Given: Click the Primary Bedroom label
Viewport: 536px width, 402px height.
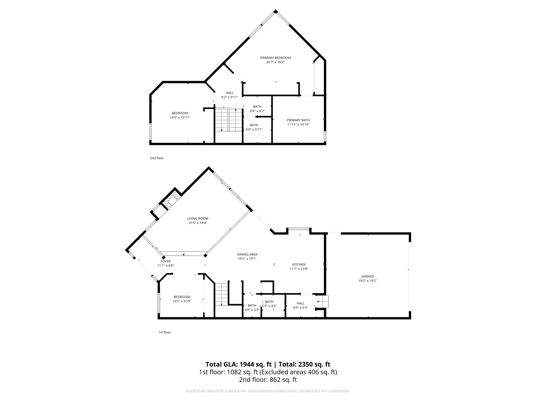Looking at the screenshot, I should (275, 58).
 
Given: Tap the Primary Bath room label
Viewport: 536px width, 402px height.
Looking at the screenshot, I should (298, 120).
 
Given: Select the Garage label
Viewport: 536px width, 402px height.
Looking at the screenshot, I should (368, 276).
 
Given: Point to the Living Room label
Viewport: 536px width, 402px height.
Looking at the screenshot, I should (198, 218).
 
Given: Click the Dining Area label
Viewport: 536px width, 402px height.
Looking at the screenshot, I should (247, 254).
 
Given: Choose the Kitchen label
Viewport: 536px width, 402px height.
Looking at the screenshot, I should (299, 264).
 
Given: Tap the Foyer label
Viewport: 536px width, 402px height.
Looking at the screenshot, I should (165, 261).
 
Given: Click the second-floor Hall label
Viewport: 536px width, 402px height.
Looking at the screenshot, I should (229, 93).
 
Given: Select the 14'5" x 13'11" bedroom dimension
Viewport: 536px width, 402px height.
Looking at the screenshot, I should (180, 118).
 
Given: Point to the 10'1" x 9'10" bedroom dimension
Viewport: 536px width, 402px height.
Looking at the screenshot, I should (182, 301).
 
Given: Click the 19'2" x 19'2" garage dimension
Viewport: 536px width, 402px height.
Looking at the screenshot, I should (368, 281).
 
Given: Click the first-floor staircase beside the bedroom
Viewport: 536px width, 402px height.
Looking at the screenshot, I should (221, 294).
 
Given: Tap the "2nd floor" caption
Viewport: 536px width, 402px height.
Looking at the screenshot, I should (157, 158).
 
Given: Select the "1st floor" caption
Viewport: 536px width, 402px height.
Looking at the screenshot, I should (164, 332).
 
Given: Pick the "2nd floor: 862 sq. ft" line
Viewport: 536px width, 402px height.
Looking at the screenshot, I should (268, 380).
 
